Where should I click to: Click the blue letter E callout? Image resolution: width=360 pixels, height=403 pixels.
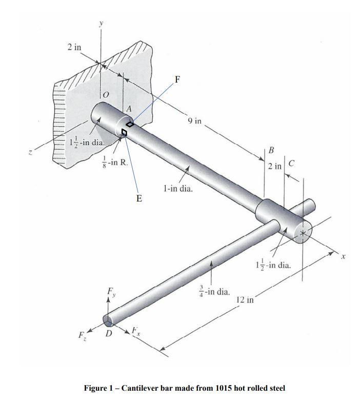pos(139,197)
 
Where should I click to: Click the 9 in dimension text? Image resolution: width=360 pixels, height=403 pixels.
pos(195,122)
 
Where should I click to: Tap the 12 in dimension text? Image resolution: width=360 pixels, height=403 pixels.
pos(245,299)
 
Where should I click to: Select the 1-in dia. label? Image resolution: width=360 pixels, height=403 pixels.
pos(177,189)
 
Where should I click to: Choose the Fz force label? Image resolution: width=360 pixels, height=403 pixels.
pos(83,338)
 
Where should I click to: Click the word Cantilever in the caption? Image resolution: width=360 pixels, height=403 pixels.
pos(141,388)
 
